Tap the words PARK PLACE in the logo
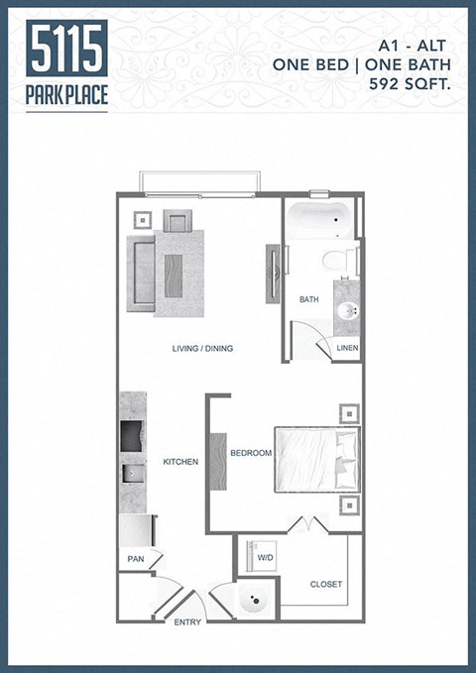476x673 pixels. tap(67, 97)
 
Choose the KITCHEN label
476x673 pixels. tap(180, 462)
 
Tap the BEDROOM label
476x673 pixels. tap(251, 453)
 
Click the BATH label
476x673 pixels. tap(308, 298)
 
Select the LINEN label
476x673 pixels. tap(347, 348)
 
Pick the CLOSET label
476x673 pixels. tap(326, 584)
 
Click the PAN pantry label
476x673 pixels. tap(136, 560)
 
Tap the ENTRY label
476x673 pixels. tap(187, 622)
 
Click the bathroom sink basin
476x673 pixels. tap(347, 310)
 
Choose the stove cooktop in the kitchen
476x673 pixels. tap(132, 435)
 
